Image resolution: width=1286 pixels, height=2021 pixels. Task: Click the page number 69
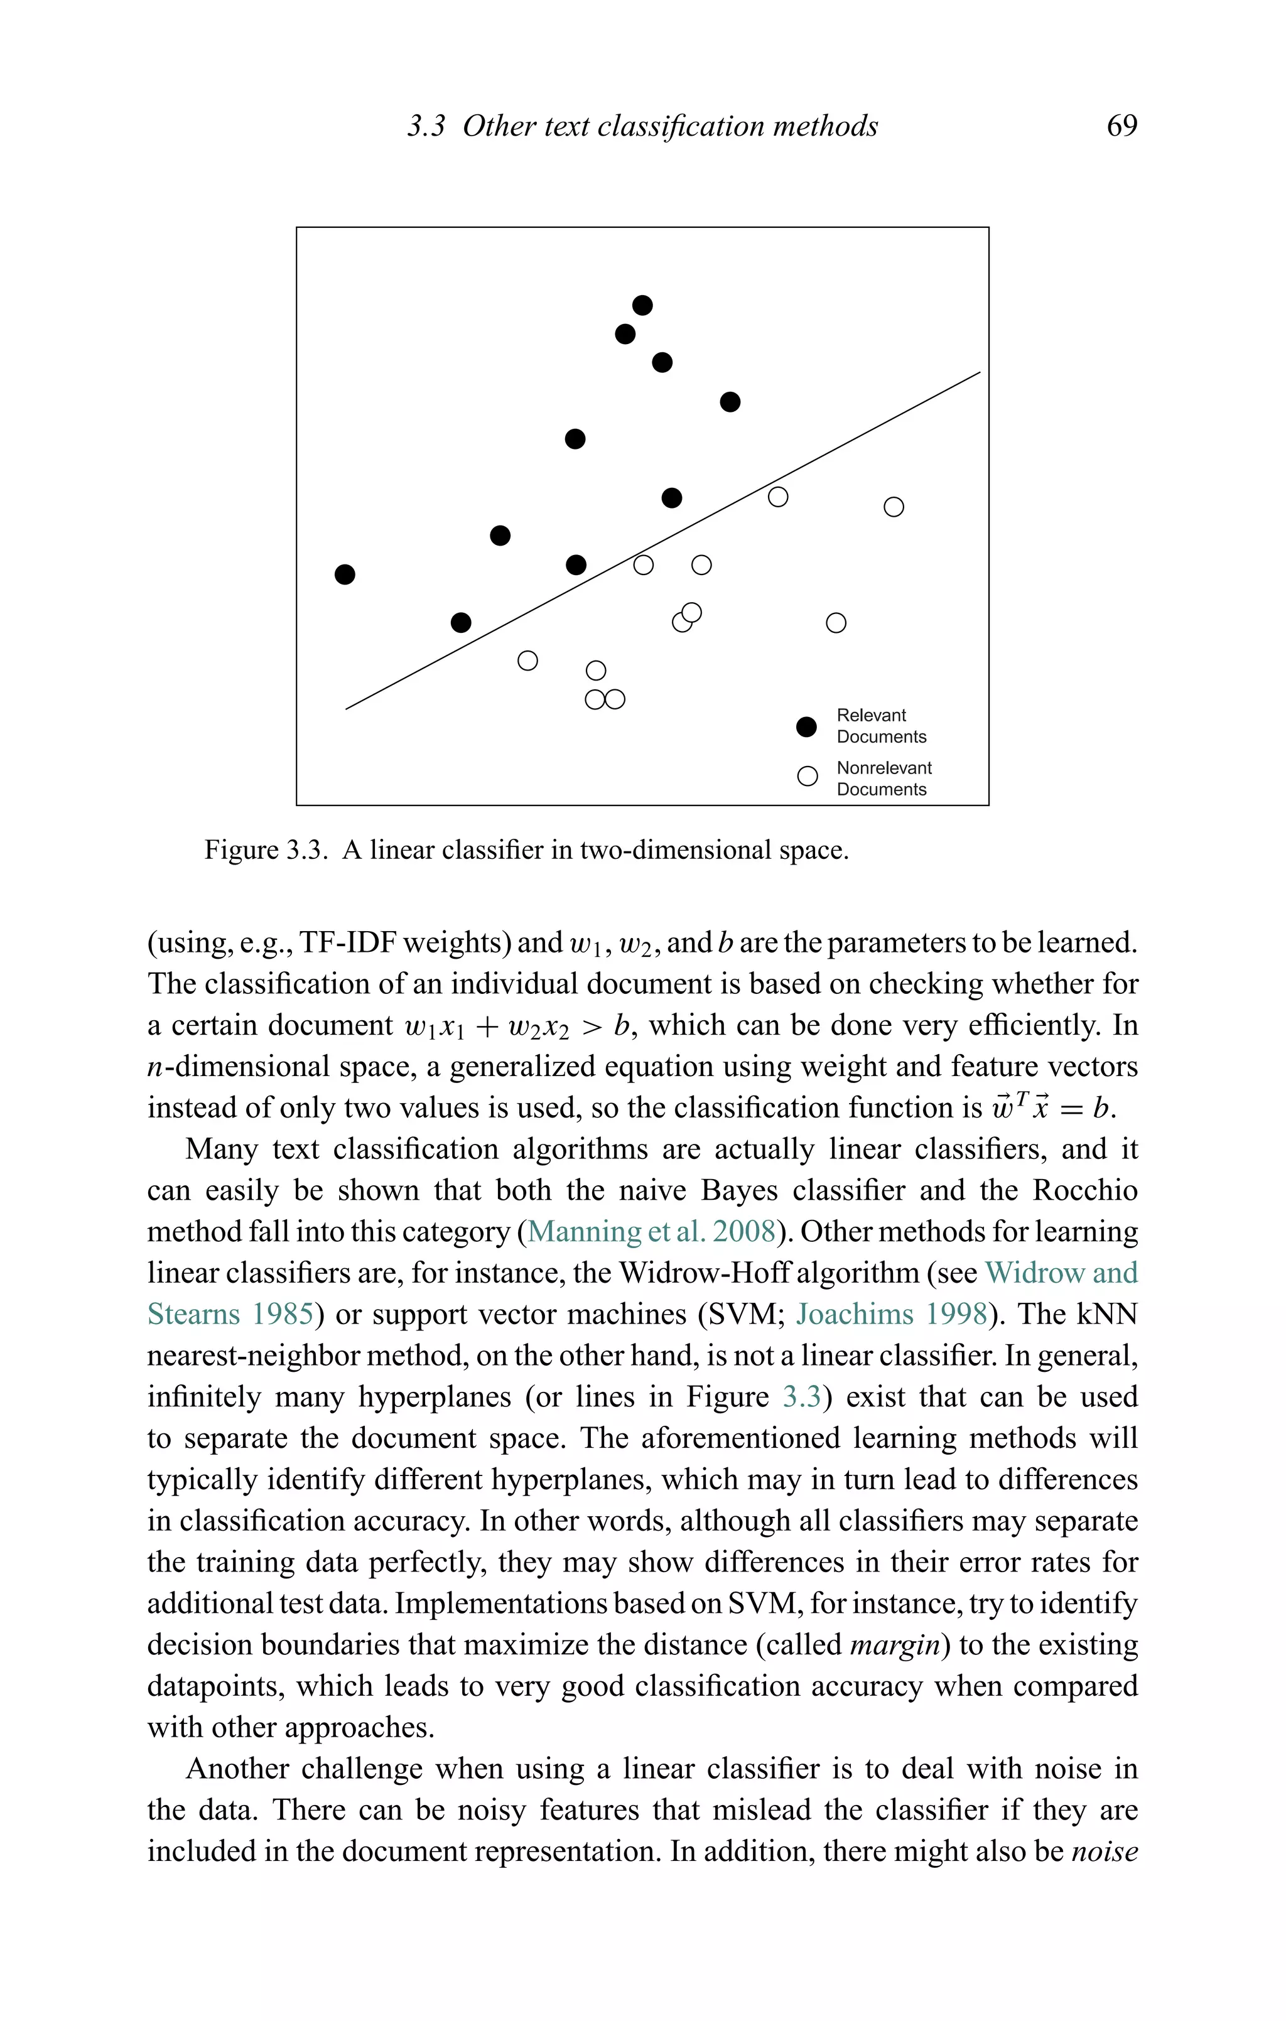[x=1121, y=126]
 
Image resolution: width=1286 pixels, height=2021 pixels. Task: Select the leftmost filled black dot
[x=345, y=574]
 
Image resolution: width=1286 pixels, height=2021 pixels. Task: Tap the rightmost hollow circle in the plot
[x=894, y=507]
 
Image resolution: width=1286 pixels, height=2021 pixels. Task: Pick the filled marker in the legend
[x=806, y=727]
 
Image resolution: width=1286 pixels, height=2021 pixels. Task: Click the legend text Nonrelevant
[x=884, y=768]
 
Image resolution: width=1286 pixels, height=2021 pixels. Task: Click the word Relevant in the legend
[x=870, y=715]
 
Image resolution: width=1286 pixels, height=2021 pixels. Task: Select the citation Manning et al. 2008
[x=651, y=1231]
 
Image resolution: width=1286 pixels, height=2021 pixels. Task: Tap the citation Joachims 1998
[x=892, y=1313]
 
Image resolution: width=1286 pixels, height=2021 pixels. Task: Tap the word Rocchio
[x=1084, y=1190]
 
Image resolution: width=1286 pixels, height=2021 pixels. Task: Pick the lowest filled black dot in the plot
[x=461, y=623]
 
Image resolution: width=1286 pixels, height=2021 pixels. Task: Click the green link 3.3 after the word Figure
[x=802, y=1396]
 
